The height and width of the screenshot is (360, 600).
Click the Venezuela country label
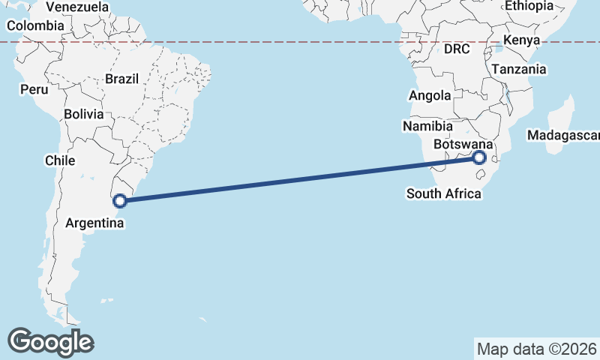tap(77, 7)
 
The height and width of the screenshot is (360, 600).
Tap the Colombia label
tap(35, 25)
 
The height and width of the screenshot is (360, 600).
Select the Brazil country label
tap(122, 78)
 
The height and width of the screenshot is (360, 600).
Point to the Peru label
tap(34, 89)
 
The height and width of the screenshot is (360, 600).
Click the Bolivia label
tap(83, 114)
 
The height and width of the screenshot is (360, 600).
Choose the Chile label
tap(60, 160)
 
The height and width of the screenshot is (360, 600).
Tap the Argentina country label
tap(94, 223)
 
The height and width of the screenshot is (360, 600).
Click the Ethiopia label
tap(529, 6)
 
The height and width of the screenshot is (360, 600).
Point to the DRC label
tap(456, 49)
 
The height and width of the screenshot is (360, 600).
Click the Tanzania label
tap(519, 69)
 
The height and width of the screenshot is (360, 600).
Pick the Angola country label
tap(430, 95)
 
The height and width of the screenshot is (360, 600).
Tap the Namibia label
tap(427, 126)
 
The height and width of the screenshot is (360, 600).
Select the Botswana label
tap(463, 144)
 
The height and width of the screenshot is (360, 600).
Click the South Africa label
tap(444, 193)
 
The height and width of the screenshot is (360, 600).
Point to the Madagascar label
tap(562, 136)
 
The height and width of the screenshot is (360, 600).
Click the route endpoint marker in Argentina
tap(119, 200)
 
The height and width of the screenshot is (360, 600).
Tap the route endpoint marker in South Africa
tap(479, 157)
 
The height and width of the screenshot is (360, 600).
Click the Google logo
tap(51, 342)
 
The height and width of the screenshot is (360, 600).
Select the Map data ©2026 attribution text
tap(536, 349)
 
